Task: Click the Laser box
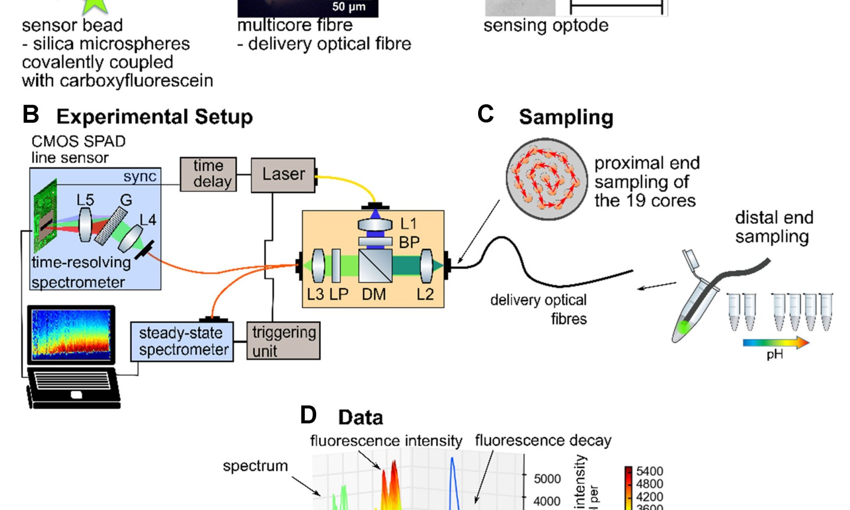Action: point(283,175)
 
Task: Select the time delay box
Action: point(208,174)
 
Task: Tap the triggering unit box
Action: point(283,341)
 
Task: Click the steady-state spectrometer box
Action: point(182,342)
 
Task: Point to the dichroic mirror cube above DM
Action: point(375,266)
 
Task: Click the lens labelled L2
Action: point(426,266)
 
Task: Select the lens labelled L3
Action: point(318,266)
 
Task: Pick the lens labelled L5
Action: point(85,224)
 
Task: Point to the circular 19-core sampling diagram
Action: point(547,179)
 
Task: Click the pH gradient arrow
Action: point(776,343)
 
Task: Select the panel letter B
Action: point(31,115)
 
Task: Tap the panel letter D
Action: point(308,415)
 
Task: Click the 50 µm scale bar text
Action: point(348,7)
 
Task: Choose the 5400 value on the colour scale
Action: point(649,471)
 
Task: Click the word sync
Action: point(140,176)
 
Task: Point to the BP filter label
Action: point(409,242)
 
